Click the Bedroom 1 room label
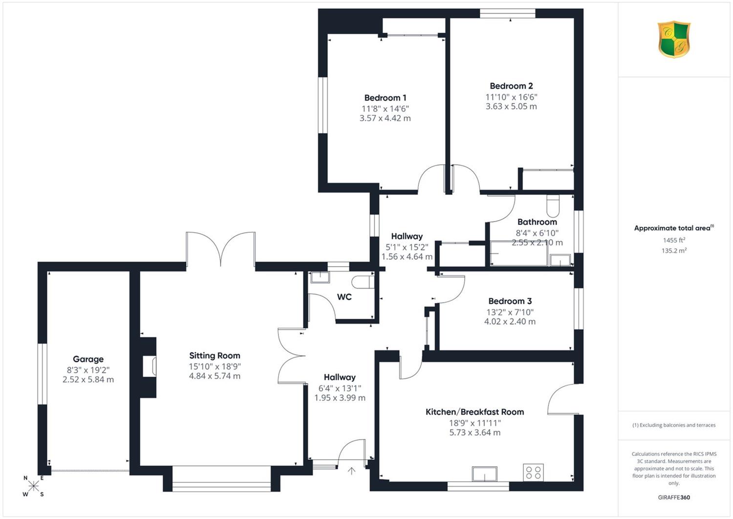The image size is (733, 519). [x=385, y=98]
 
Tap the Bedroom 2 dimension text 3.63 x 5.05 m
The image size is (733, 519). [x=511, y=106]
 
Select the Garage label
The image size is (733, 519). [x=88, y=359]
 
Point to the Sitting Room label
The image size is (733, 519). [x=215, y=356]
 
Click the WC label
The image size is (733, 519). [x=344, y=297]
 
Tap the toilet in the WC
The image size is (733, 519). [x=363, y=282]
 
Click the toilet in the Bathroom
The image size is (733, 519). [x=553, y=206]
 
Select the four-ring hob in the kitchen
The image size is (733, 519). [x=533, y=473]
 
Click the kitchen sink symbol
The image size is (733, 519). [x=485, y=474]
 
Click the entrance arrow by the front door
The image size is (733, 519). [x=351, y=471]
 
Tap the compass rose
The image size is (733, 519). [x=33, y=486]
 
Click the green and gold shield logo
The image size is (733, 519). [x=674, y=39]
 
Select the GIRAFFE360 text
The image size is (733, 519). [x=674, y=497]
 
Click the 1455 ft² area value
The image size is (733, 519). [x=674, y=240]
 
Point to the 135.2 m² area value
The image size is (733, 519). [x=674, y=250]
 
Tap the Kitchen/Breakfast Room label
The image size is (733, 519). [x=474, y=412]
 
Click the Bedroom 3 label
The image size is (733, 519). [x=510, y=301]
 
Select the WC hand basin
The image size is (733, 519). [x=320, y=277]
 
